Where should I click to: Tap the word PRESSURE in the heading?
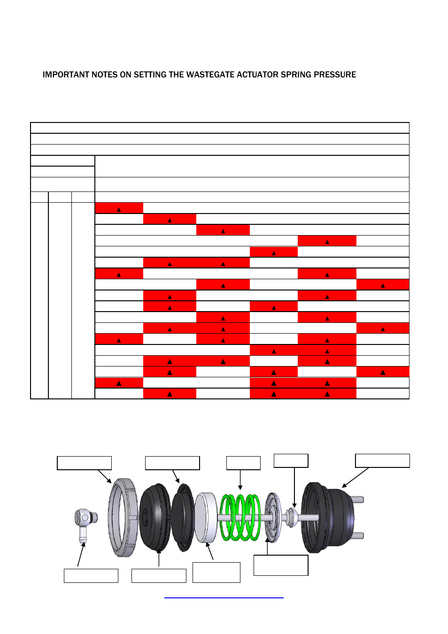coord(335,75)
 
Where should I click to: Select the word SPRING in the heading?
coord(296,75)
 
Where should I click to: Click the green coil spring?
coord(240,517)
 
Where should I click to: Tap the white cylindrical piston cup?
coord(206,517)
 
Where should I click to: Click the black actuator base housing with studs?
coord(329,517)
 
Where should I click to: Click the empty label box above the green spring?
coord(243,463)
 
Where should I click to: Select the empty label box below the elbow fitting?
coord(91,576)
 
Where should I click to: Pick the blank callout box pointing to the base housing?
coord(382,460)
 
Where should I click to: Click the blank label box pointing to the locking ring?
coord(85,463)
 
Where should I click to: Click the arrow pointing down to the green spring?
coord(240,480)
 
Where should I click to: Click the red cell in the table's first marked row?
coord(119,208)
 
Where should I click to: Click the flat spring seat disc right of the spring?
coord(273,517)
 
